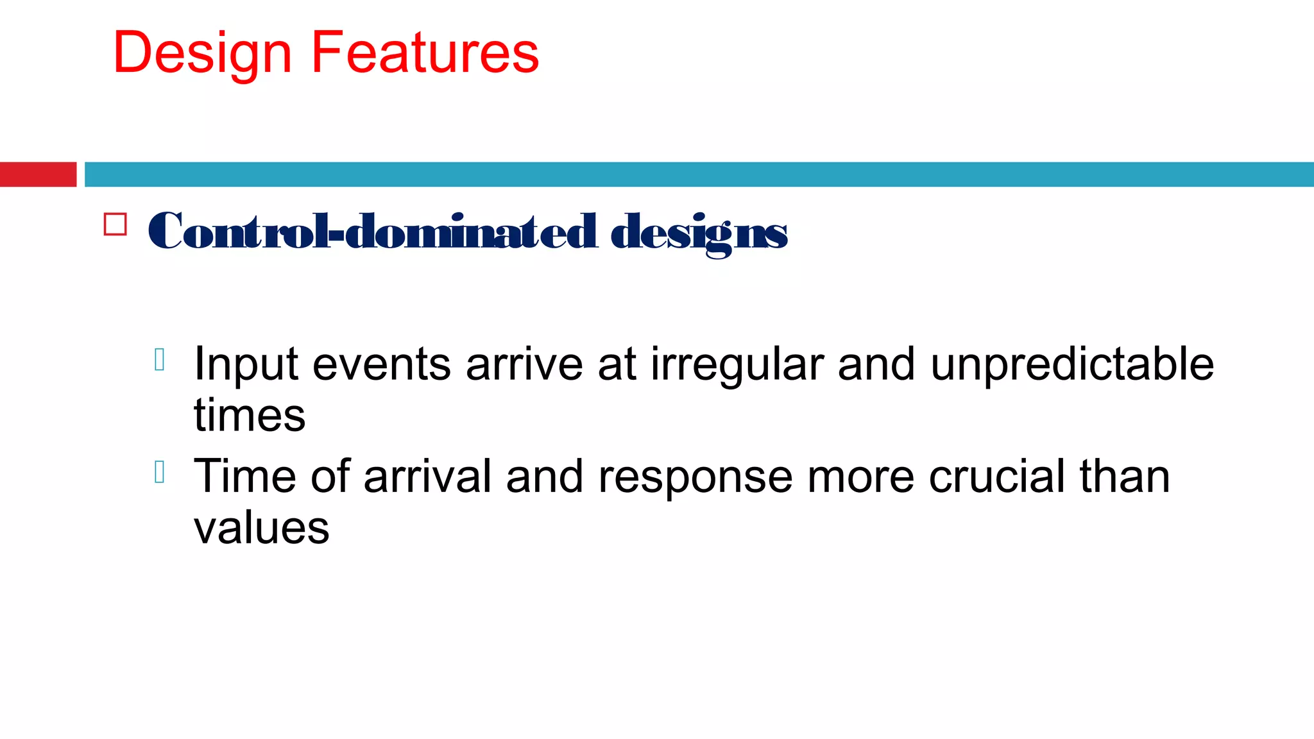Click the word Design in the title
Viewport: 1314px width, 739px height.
[202, 54]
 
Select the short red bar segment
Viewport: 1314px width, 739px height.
[38, 174]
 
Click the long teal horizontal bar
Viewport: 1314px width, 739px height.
[699, 174]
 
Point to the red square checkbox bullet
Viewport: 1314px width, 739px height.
[115, 225]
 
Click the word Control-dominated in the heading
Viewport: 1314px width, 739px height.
[372, 232]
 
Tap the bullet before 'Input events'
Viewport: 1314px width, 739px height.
[160, 360]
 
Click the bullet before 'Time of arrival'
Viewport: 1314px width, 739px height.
[160, 472]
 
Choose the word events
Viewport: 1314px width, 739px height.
[382, 364]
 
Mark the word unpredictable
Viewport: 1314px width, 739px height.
[1071, 364]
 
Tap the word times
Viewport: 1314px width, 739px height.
[250, 416]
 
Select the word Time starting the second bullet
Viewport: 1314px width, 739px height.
[244, 477]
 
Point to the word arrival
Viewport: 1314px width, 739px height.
[427, 477]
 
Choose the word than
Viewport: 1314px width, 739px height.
[1125, 477]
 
